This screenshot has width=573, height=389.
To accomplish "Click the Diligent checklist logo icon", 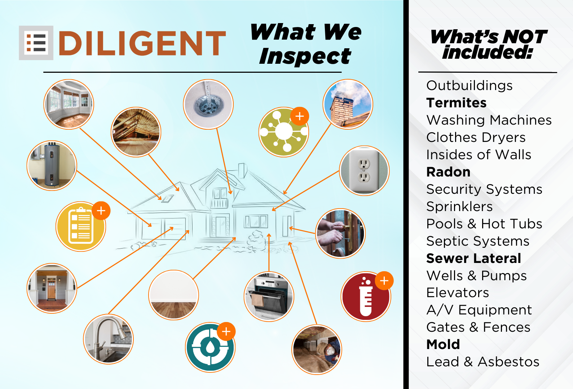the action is click(36, 43).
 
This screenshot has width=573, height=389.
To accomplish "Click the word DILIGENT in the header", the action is click(142, 43).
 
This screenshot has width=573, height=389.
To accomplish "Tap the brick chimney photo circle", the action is click(348, 104).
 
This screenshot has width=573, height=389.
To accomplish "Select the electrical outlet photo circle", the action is click(364, 171).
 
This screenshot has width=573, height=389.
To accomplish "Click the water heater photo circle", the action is click(52, 165).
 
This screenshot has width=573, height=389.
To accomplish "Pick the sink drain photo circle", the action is click(208, 104).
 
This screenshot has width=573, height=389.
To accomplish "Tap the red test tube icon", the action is click(366, 296).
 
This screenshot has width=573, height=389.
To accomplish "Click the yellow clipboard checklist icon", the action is click(81, 227).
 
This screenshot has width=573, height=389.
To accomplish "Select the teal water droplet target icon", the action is click(210, 347).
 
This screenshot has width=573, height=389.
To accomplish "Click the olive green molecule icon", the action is click(284, 132).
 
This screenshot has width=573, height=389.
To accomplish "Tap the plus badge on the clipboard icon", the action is click(101, 211).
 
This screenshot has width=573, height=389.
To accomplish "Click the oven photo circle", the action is click(269, 296).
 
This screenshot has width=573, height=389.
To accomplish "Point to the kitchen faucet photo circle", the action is click(109, 339).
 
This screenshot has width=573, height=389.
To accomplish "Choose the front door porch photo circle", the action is click(52, 288).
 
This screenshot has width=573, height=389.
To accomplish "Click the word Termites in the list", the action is click(457, 103).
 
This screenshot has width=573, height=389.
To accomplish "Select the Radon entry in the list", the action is click(449, 172).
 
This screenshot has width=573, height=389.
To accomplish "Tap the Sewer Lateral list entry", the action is click(474, 258).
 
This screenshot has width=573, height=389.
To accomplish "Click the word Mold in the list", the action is click(443, 344).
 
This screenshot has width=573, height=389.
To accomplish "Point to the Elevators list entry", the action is click(458, 292).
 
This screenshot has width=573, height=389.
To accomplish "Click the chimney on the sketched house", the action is click(242, 170).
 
